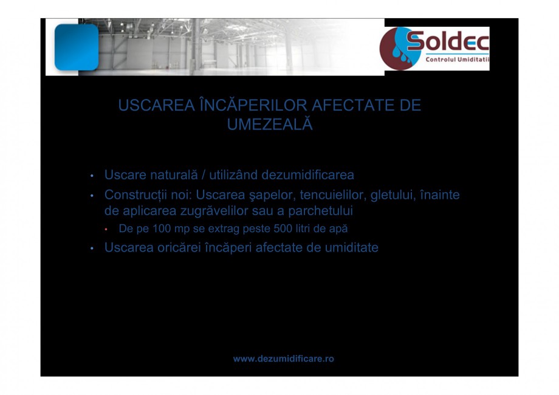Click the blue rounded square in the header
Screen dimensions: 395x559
(76, 47)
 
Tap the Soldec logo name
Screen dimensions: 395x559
(448, 42)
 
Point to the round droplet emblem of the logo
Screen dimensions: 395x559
(398, 49)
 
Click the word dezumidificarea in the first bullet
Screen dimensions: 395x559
(307, 175)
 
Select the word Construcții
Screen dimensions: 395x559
(137, 195)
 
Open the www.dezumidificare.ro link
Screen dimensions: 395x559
(283, 359)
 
